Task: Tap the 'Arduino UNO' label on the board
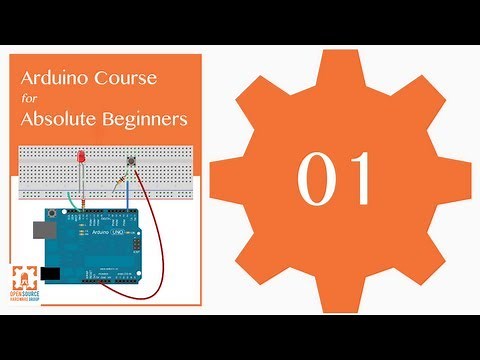click(113, 234)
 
